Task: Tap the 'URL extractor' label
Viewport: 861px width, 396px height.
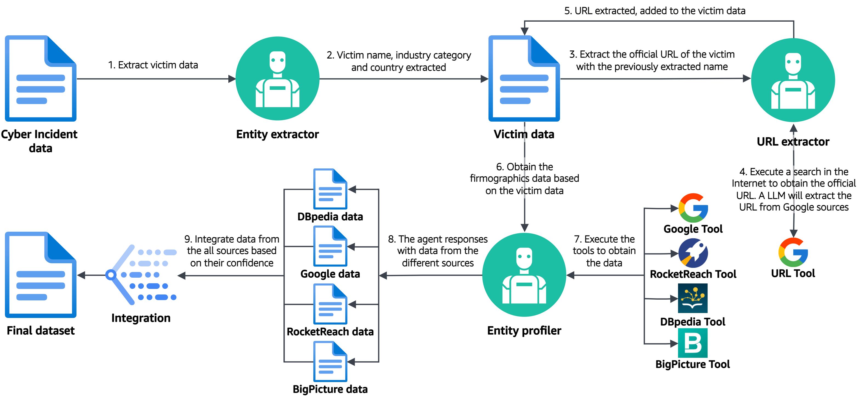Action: click(x=792, y=142)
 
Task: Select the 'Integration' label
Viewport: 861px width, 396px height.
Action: click(x=141, y=318)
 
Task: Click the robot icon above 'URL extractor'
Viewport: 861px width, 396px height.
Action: click(x=793, y=80)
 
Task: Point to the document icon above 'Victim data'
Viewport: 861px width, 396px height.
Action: click(x=524, y=79)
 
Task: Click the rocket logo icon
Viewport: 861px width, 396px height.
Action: click(x=693, y=253)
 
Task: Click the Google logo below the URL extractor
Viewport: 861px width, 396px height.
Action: click(x=793, y=252)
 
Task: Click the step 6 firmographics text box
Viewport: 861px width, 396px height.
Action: click(x=524, y=178)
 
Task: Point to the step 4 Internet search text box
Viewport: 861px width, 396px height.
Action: click(x=794, y=189)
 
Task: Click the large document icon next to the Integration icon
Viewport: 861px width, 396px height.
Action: click(x=41, y=275)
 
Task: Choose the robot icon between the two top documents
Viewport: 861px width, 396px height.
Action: click(x=277, y=79)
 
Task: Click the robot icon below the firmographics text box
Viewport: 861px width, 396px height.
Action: click(x=524, y=275)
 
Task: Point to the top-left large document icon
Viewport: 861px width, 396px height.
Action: click(x=41, y=79)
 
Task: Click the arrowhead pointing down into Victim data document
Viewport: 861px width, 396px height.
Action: click(x=524, y=31)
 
